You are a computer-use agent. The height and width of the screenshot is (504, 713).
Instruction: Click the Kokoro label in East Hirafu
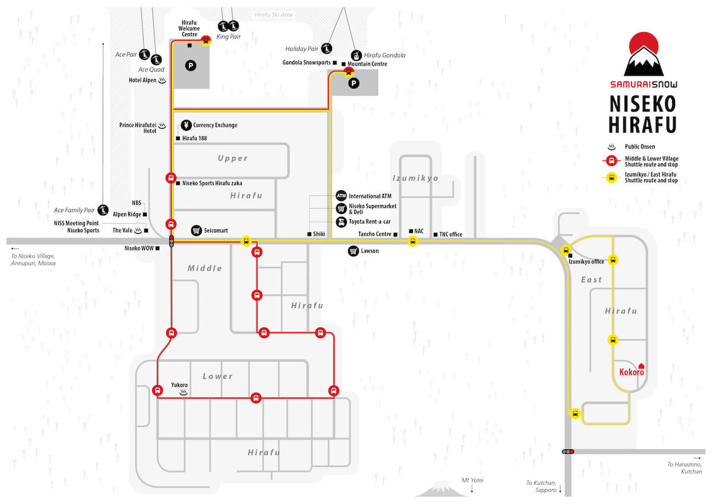click(x=632, y=372)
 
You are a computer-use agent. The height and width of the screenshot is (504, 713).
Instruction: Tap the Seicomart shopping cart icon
click(x=197, y=231)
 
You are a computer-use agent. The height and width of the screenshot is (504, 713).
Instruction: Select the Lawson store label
click(x=370, y=251)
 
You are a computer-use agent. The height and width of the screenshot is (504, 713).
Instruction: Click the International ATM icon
click(x=341, y=196)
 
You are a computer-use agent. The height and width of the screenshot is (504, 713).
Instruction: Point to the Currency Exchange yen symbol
click(x=186, y=125)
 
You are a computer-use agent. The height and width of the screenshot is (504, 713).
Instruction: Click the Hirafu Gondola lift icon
click(x=356, y=55)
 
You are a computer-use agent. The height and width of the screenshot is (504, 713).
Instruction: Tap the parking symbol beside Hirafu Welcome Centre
click(x=191, y=66)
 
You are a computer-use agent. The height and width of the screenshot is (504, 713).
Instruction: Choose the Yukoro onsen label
click(x=179, y=385)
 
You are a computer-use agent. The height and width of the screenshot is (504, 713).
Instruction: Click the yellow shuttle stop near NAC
click(x=412, y=241)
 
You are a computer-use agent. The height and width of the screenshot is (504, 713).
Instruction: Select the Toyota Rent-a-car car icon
click(x=341, y=222)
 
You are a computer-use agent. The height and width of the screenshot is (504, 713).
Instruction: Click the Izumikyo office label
click(x=586, y=262)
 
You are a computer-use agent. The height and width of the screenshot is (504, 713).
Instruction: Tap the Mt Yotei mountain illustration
click(x=441, y=489)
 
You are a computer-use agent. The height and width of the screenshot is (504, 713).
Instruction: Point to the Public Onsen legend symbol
click(x=611, y=147)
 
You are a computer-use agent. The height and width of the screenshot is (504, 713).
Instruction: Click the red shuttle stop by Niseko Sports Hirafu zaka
click(x=171, y=178)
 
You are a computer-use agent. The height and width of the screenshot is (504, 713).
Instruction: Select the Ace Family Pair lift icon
click(x=103, y=210)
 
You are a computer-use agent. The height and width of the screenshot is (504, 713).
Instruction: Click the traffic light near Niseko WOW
click(x=172, y=241)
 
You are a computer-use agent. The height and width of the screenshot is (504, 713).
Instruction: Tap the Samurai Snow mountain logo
click(x=643, y=54)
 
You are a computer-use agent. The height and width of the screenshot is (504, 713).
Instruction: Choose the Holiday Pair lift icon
click(x=327, y=49)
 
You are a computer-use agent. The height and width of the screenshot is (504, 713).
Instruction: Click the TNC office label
click(x=450, y=234)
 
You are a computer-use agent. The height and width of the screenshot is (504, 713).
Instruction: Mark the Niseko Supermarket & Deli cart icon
click(x=341, y=209)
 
